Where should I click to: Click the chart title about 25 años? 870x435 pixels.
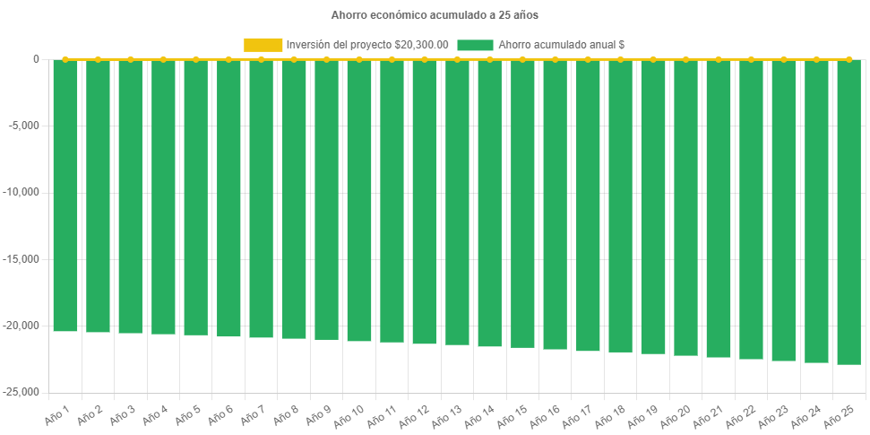click(435, 15)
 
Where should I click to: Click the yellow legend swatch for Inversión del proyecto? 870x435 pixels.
click(263, 44)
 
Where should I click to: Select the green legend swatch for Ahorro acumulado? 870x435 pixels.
click(475, 44)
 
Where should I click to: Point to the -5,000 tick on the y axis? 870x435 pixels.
click(25, 126)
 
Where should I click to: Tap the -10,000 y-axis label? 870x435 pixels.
click(22, 192)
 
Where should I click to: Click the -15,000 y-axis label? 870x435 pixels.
click(22, 259)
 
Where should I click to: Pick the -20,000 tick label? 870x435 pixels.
click(22, 326)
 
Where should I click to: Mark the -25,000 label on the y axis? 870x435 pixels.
click(22, 392)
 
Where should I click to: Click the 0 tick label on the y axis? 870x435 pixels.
click(37, 59)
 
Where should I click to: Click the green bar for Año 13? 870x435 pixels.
click(457, 202)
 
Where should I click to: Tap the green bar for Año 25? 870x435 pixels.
click(848, 212)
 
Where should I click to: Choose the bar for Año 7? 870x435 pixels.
click(261, 198)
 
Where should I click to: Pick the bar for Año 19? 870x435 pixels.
click(652, 206)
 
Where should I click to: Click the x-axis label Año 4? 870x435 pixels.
click(151, 415)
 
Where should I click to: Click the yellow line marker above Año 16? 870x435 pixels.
click(555, 59)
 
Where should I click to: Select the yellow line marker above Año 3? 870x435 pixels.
click(131, 59)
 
